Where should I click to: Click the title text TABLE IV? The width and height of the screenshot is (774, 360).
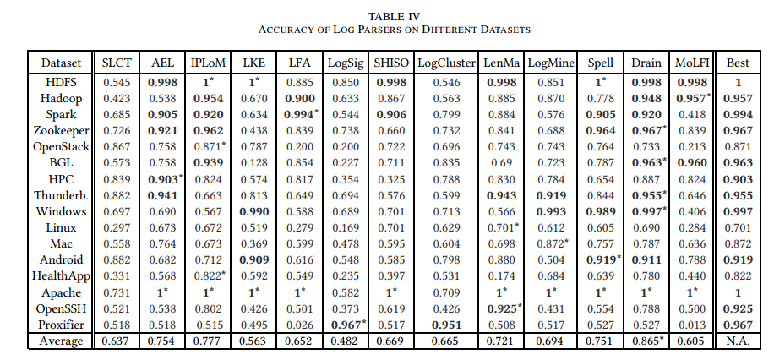click(x=394, y=17)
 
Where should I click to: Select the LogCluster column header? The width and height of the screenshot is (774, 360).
click(x=446, y=63)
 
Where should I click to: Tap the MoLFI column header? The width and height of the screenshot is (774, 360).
click(x=692, y=63)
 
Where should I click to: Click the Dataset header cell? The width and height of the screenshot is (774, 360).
click(x=61, y=63)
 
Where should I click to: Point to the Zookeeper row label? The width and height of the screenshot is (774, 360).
click(x=61, y=131)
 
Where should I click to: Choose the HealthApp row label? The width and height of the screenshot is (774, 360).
click(x=61, y=276)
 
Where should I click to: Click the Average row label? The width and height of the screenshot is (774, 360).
click(x=61, y=341)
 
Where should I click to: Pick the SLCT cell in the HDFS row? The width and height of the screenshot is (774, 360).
click(x=117, y=83)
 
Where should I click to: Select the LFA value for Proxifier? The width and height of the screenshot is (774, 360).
click(x=299, y=325)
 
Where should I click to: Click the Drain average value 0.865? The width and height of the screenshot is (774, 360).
click(x=647, y=341)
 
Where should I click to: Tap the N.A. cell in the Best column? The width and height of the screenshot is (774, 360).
click(x=738, y=341)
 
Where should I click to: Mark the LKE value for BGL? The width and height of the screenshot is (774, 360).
click(x=253, y=163)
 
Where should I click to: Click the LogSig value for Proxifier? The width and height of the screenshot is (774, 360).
click(x=347, y=325)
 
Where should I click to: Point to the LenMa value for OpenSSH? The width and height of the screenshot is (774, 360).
click(x=503, y=308)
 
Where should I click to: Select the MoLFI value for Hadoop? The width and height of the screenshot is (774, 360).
click(x=693, y=98)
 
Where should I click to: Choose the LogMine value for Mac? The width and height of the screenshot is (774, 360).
click(x=552, y=243)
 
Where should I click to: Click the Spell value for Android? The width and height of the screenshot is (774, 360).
click(x=602, y=259)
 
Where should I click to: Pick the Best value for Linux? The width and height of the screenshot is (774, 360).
click(x=738, y=227)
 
